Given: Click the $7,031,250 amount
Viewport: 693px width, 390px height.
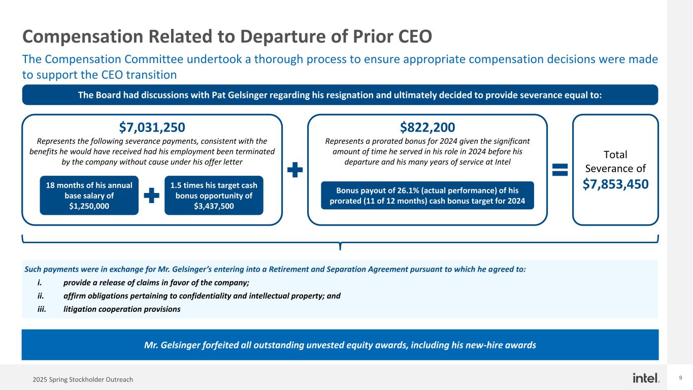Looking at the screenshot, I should pyautogui.click(x=152, y=127).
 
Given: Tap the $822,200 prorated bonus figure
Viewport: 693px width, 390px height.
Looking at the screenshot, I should pyautogui.click(x=427, y=127).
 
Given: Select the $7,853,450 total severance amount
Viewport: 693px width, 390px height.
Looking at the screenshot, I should pyautogui.click(x=615, y=184).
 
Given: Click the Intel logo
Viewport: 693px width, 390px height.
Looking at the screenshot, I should pyautogui.click(x=646, y=378).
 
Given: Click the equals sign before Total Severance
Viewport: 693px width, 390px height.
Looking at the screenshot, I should pyautogui.click(x=560, y=170).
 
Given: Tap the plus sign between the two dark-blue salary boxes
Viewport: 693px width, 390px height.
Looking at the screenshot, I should pyautogui.click(x=152, y=196).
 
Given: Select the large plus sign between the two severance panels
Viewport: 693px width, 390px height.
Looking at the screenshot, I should pyautogui.click(x=295, y=170).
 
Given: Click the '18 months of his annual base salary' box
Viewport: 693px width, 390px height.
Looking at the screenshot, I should pyautogui.click(x=89, y=196).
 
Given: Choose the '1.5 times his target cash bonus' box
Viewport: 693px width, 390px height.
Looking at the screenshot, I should pyautogui.click(x=214, y=196).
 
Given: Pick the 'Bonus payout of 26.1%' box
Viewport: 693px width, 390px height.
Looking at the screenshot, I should pyautogui.click(x=427, y=196).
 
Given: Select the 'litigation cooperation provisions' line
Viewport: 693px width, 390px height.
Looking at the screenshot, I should pyautogui.click(x=122, y=309).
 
